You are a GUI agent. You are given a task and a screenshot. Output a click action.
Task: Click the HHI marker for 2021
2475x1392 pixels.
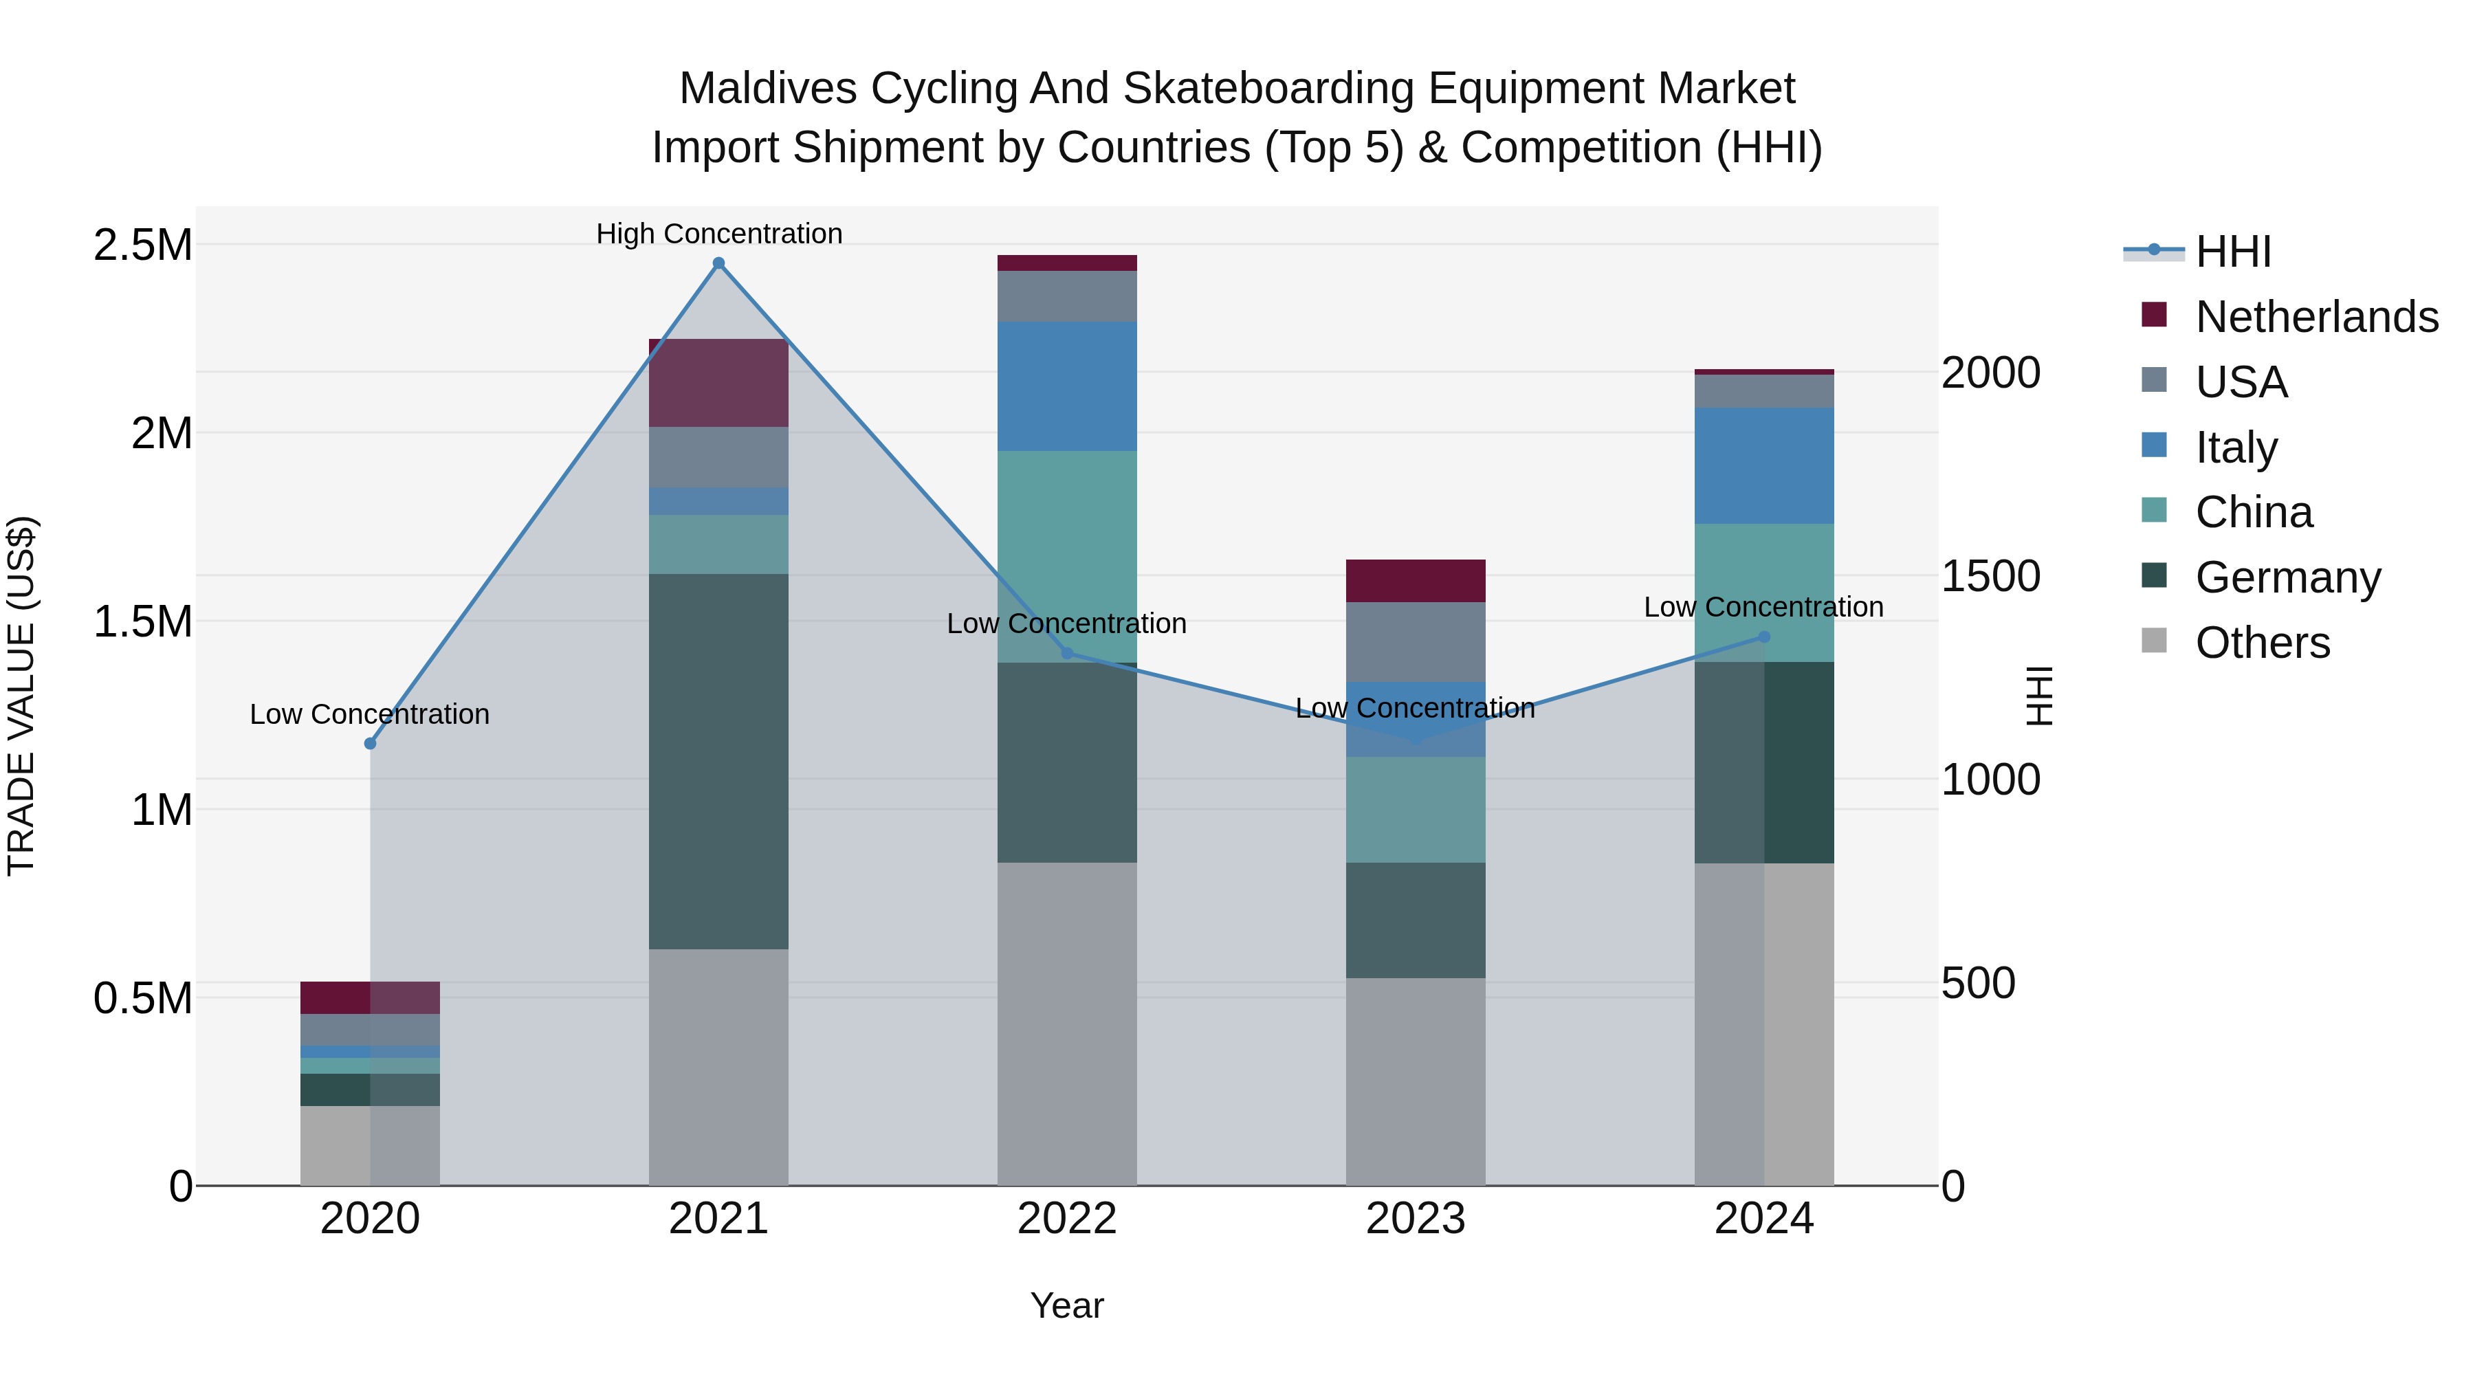718,263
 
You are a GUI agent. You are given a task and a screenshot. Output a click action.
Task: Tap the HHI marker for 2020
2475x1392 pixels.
370,744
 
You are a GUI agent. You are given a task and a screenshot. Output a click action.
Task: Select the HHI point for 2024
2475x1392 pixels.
1764,637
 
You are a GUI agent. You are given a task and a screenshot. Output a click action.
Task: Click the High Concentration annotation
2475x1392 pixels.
718,234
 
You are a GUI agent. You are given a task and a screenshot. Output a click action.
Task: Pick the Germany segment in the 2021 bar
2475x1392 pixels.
718,761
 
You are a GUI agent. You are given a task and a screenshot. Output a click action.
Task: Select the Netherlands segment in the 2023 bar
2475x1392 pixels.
1416,580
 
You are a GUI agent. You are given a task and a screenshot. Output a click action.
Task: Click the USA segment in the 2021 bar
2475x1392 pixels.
718,456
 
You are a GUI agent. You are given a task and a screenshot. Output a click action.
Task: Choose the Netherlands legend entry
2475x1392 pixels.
2315,317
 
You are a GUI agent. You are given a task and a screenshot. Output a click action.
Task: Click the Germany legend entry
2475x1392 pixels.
2287,577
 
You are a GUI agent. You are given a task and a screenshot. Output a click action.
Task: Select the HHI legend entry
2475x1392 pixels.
2233,252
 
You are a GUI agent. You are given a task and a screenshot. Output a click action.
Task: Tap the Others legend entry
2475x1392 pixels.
2262,643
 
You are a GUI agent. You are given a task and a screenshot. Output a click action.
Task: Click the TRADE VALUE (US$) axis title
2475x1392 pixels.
21,696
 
